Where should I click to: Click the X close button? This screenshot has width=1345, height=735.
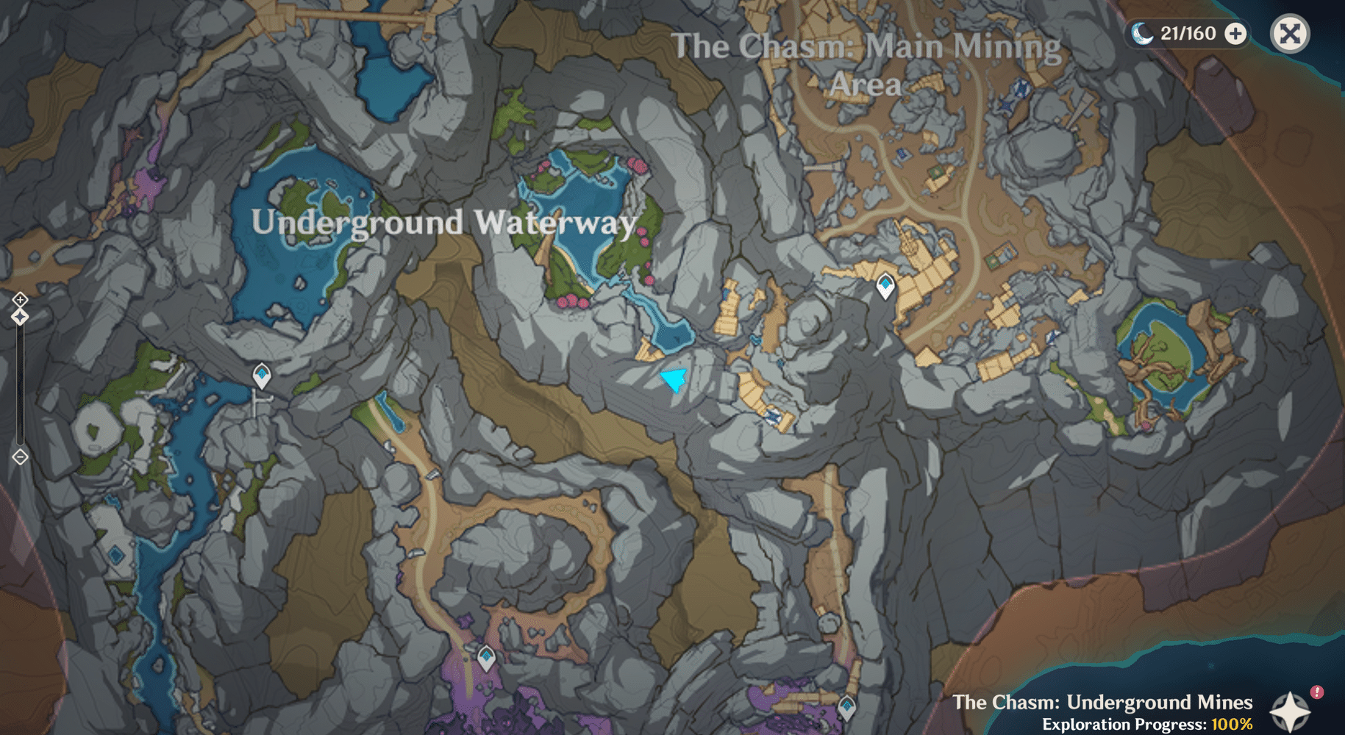(x=1290, y=34)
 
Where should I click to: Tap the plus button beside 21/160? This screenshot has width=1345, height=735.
(x=1236, y=34)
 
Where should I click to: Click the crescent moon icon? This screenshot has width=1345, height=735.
(x=1141, y=33)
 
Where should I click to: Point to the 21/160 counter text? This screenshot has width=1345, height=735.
(x=1188, y=34)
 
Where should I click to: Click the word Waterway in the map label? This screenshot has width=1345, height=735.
(x=555, y=223)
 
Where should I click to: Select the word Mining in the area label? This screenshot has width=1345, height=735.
(x=1007, y=47)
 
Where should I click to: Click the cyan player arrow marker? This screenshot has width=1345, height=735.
(x=674, y=379)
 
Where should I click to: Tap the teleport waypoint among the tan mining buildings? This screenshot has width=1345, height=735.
(x=885, y=285)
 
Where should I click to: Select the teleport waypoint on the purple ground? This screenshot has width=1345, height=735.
(x=486, y=656)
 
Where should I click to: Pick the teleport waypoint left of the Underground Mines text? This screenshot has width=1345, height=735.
(x=847, y=707)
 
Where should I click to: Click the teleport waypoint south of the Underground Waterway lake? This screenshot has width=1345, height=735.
(x=262, y=375)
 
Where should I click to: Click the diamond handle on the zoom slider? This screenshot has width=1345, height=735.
(x=20, y=317)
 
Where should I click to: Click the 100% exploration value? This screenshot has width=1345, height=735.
(x=1232, y=724)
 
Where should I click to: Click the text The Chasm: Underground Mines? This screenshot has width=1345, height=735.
(x=1102, y=702)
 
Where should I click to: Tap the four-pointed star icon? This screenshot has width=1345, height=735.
(x=1289, y=711)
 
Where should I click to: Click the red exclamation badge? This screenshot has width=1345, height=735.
(x=1317, y=692)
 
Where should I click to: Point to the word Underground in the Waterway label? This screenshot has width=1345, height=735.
(x=357, y=223)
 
